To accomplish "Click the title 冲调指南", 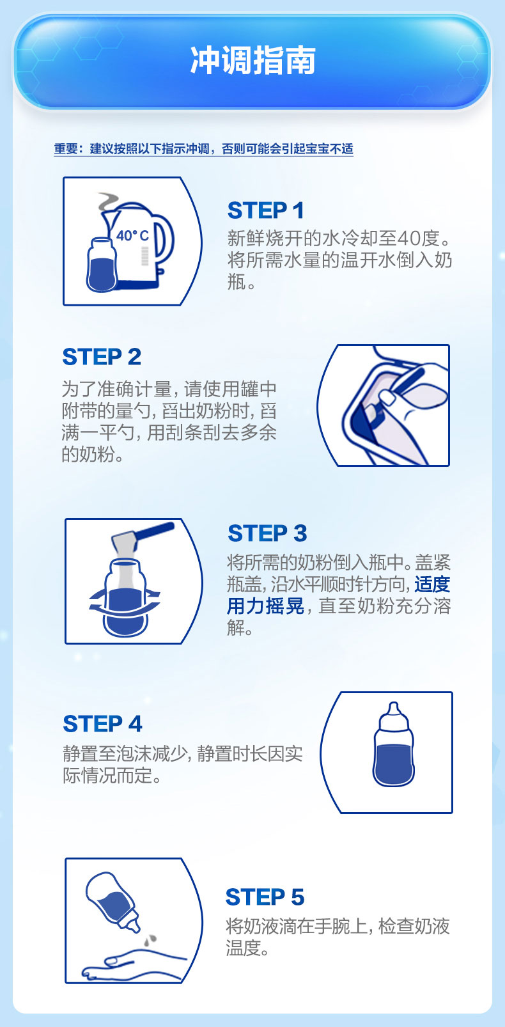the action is (253, 60).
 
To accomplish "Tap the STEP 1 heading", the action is (266, 210).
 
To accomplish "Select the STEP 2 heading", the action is (102, 357).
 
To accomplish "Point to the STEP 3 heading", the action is (267, 533).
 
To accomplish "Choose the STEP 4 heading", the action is (103, 724).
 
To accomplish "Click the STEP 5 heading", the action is (265, 897).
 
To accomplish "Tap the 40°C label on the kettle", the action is (132, 236).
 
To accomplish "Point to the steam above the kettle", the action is (109, 201).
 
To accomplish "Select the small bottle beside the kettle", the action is (102, 265).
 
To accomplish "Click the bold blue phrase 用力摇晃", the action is (265, 606).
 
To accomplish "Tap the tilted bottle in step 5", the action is (113, 902).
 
